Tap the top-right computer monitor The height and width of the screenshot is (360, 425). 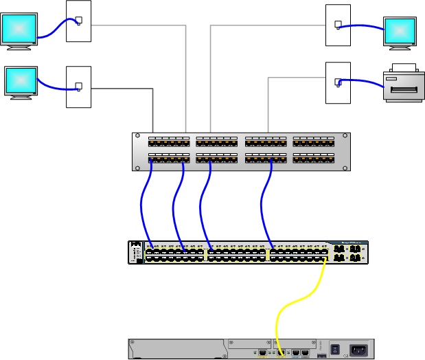(400, 32)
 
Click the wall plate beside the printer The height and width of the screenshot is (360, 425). (338, 83)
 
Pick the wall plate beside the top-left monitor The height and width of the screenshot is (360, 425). (78, 21)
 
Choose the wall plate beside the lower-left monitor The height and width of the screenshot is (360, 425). (78, 87)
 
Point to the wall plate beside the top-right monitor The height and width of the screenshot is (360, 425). (338, 25)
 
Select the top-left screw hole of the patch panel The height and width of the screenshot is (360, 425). (137, 136)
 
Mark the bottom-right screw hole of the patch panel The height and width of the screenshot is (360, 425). (345, 166)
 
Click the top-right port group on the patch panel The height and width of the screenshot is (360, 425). (314, 142)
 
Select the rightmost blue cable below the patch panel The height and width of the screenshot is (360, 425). (263, 206)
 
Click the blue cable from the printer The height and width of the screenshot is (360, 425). (364, 82)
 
